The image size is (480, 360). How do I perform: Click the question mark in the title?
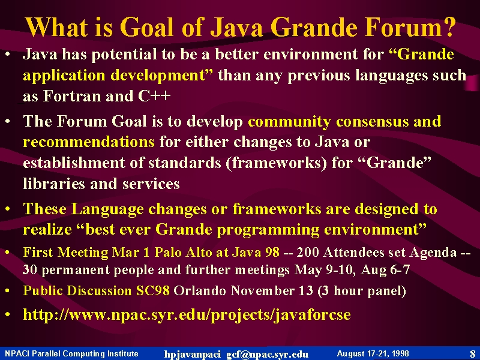coord(447,26)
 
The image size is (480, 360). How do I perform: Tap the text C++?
coord(154,96)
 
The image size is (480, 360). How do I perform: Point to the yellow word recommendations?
coord(89,142)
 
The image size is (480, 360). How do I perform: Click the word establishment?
coord(74,163)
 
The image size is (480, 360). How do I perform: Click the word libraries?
coord(54,184)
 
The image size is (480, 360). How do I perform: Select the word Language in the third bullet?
coord(107,209)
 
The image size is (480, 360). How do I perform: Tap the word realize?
coord(47,229)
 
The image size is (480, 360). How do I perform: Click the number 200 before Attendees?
coord(308,252)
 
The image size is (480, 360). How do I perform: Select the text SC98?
coord(152,290)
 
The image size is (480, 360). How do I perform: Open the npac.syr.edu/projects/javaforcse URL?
coord(187,314)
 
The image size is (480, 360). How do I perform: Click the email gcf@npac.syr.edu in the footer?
coord(267,354)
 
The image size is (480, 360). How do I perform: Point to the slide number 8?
coord(473,353)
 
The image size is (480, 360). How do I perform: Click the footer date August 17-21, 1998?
coord(373,353)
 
